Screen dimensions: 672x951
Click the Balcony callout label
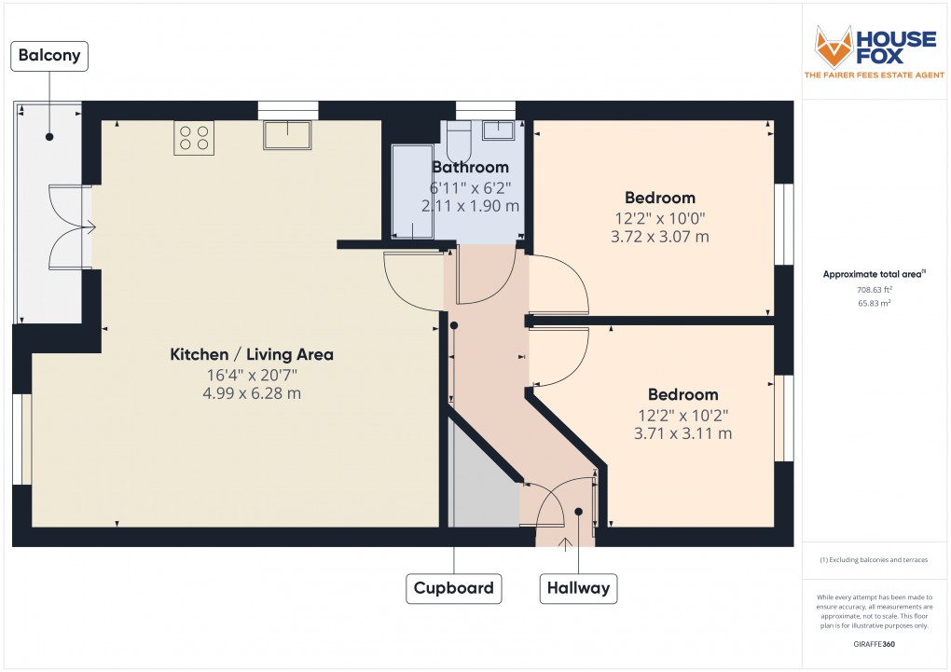(49, 56)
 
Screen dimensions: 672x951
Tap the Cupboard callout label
(454, 588)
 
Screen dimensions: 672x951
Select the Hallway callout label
(579, 588)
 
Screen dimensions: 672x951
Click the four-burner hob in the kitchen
(194, 138)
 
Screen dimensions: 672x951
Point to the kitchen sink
(287, 135)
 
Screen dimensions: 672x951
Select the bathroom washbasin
(498, 131)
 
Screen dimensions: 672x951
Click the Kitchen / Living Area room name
(251, 355)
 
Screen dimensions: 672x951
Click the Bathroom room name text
(470, 168)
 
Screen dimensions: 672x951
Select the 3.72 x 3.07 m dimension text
(660, 237)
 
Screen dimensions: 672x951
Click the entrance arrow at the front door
(564, 543)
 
